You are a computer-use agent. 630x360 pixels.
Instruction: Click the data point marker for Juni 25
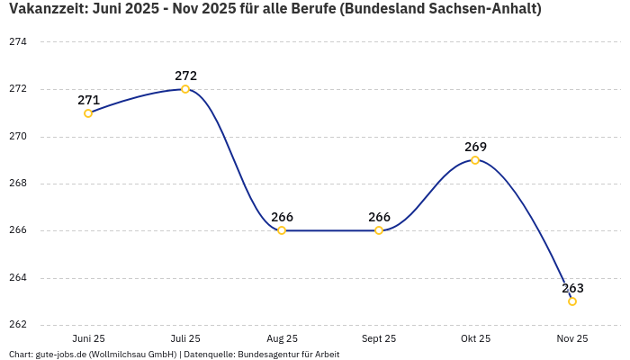click(88, 113)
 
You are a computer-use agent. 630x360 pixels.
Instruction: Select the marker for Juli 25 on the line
click(185, 89)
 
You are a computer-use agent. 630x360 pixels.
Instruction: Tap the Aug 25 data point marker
click(282, 230)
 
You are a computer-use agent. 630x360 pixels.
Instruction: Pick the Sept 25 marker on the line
click(379, 230)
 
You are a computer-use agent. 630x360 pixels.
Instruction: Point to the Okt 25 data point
click(475, 160)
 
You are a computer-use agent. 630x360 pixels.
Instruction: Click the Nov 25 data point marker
click(572, 301)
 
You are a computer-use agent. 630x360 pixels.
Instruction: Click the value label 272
click(185, 76)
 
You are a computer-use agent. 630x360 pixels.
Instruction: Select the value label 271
click(88, 101)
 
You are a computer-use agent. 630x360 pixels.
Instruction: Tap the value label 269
click(475, 147)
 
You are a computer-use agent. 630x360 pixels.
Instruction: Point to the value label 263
click(572, 289)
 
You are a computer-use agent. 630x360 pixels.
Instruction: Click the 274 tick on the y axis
click(18, 42)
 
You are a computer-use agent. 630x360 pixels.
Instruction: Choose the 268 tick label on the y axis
click(18, 184)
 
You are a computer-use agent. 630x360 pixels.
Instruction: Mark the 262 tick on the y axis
click(18, 325)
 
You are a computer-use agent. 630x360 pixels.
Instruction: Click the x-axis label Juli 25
click(185, 339)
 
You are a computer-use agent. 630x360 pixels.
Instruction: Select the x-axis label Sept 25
click(379, 339)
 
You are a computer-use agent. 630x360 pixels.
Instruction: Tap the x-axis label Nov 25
click(572, 339)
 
